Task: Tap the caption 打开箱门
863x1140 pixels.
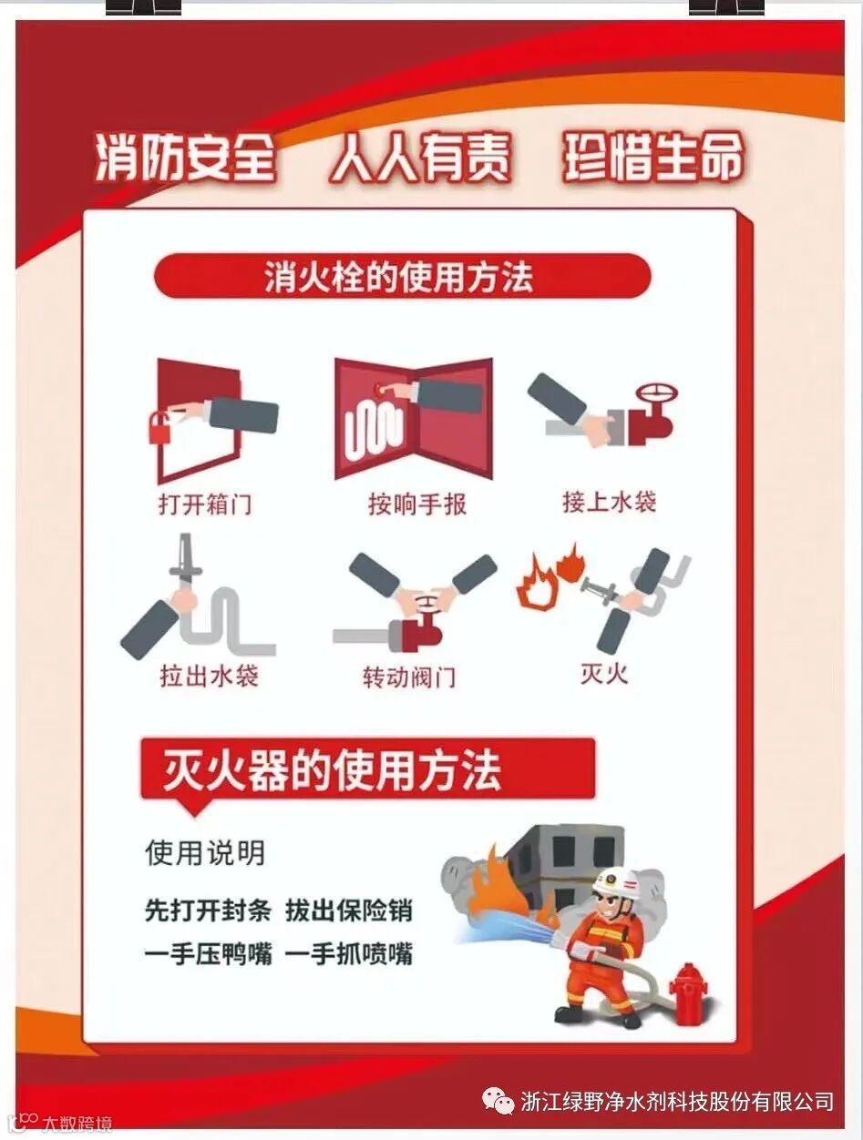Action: [x=206, y=504]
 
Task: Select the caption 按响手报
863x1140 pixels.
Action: [x=417, y=504]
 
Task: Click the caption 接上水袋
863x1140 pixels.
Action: [x=609, y=503]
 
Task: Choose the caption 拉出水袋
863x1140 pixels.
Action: [x=210, y=676]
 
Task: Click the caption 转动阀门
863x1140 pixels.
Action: [x=409, y=677]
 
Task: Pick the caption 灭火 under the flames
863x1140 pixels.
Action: [x=605, y=674]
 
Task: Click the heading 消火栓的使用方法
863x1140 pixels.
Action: [x=399, y=277]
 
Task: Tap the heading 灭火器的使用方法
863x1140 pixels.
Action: [x=332, y=770]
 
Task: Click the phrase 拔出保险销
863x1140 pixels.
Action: [x=349, y=911]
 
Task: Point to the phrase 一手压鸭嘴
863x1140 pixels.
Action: [x=209, y=953]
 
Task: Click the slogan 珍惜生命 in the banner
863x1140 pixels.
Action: [x=653, y=158]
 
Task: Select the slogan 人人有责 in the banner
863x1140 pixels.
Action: [x=420, y=158]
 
